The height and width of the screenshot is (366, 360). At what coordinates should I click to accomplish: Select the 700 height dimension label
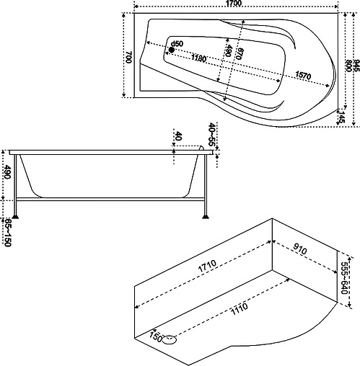128,58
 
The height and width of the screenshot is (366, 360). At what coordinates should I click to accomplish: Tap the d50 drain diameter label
177,44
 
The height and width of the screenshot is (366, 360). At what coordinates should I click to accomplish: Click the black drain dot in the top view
172,50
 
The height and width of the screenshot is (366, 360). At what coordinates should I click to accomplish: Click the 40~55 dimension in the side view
211,136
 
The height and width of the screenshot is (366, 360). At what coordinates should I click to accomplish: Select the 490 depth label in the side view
7,173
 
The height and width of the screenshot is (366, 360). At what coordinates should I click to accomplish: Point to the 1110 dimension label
240,312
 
